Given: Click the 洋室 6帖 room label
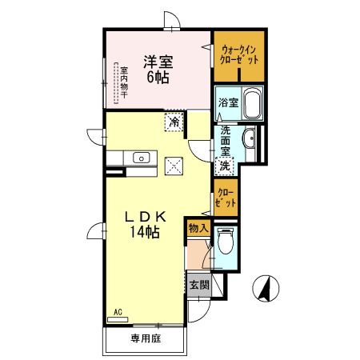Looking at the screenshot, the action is (x=158, y=70).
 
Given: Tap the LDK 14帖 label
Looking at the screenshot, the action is (x=146, y=224).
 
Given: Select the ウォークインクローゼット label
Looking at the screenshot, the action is (x=239, y=54).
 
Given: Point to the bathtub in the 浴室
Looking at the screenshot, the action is (x=252, y=102).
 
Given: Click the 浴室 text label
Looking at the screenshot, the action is (x=228, y=102).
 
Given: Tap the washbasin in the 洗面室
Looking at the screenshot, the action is (x=249, y=138).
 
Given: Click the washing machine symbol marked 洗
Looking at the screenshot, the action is (x=225, y=166).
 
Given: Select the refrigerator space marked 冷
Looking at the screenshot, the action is (x=174, y=122).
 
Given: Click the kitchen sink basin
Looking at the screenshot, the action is (x=142, y=158).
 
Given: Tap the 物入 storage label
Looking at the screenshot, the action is (x=198, y=228).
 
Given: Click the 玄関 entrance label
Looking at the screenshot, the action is (x=199, y=286).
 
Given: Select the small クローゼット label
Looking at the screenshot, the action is (x=226, y=198).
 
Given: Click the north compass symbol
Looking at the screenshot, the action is (x=266, y=288).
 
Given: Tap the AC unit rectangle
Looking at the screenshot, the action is (x=118, y=319).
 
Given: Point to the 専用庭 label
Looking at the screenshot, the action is (x=146, y=338).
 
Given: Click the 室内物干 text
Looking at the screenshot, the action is (x=124, y=82).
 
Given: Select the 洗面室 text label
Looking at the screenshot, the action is (x=226, y=141).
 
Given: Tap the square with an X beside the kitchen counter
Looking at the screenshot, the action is (x=174, y=166).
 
